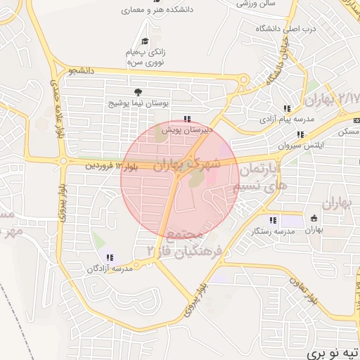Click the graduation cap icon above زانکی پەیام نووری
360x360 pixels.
pos(146,42)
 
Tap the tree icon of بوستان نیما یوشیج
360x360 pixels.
pos(138,91)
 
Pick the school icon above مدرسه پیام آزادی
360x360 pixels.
pos(286,108)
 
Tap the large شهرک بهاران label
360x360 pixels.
pos(186,166)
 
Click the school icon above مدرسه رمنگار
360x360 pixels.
pos(272,219)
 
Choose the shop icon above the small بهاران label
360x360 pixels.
pos(314,217)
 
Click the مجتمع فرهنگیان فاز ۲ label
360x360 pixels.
pos(184,242)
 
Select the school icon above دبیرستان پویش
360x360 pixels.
pos(186,119)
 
